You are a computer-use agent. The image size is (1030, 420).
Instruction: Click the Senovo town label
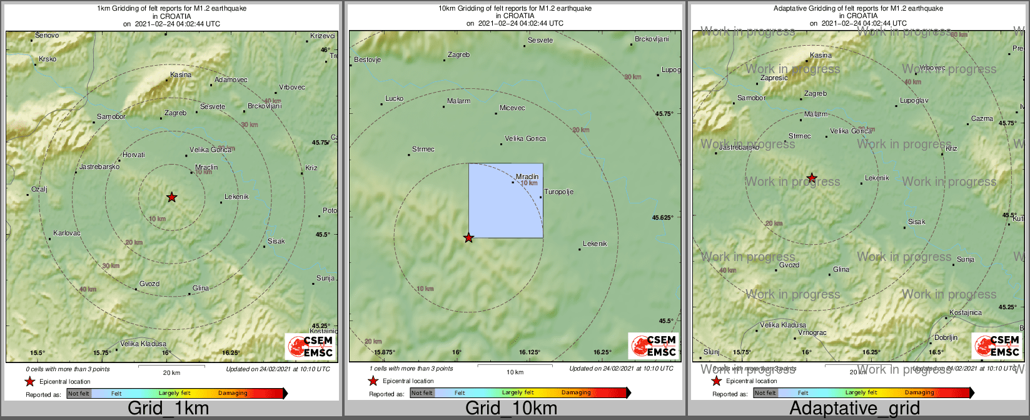pos(47,36)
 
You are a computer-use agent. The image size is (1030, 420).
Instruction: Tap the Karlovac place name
pos(67,233)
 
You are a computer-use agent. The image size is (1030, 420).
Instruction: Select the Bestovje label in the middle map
pos(367,60)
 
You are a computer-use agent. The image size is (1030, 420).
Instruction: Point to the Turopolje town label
pos(558,192)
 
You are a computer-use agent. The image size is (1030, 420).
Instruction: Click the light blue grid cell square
pos(506,200)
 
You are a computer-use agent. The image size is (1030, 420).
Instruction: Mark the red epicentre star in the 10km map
pos(468,238)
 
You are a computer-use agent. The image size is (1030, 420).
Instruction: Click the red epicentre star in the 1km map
pos(172,197)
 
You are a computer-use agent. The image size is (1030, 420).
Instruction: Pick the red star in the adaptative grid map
pos(812,178)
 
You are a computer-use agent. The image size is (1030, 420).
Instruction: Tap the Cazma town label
pos(982,119)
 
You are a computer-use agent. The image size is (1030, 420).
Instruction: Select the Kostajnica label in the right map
pos(966,313)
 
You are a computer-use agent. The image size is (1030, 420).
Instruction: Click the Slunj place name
pos(712,352)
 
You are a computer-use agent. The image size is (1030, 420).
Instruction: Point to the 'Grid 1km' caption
pos(168,409)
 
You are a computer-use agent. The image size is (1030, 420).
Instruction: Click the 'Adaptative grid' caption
pos(854,409)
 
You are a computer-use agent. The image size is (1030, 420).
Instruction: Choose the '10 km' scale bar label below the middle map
pos(515,372)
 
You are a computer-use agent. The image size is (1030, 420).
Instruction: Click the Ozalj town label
pos(39,190)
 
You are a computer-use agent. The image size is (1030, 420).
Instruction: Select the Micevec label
pos(512,108)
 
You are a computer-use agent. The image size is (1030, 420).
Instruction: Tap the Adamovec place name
pos(231,80)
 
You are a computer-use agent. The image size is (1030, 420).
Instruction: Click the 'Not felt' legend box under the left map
pos(79,394)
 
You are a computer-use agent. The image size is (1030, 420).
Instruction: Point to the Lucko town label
pos(394,99)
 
